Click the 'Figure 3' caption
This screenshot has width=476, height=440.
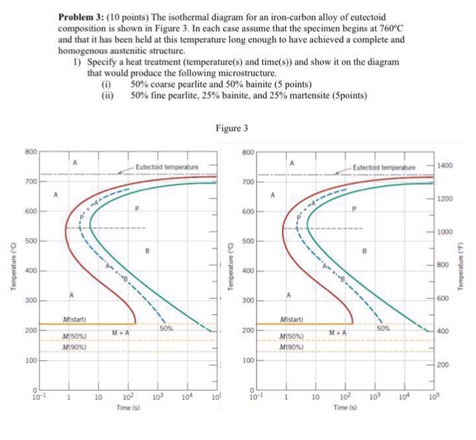[232, 128]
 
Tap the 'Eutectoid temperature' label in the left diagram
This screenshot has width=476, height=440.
[167, 167]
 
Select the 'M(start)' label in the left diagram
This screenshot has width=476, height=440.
[74, 319]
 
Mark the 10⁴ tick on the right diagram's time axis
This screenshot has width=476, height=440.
[403, 395]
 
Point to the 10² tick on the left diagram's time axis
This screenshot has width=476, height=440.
[127, 395]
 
